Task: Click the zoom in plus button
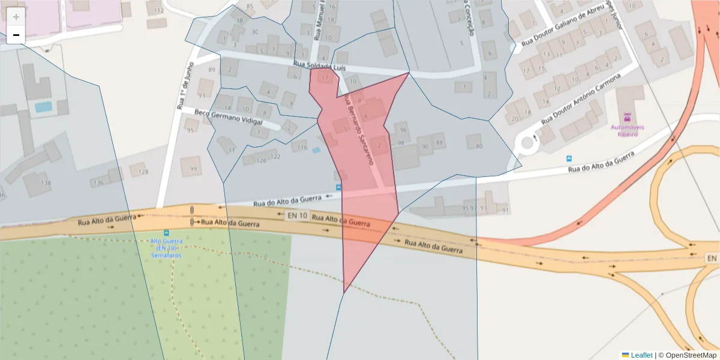[16, 17]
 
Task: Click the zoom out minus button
[16, 35]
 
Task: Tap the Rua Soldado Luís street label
[320, 67]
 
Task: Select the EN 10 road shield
[297, 215]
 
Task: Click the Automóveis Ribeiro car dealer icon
[627, 117]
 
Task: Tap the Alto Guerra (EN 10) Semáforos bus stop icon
[166, 233]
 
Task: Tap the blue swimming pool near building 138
[43, 107]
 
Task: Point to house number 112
[158, 11]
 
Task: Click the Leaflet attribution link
[640, 355]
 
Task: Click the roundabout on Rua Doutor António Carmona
[528, 143]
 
